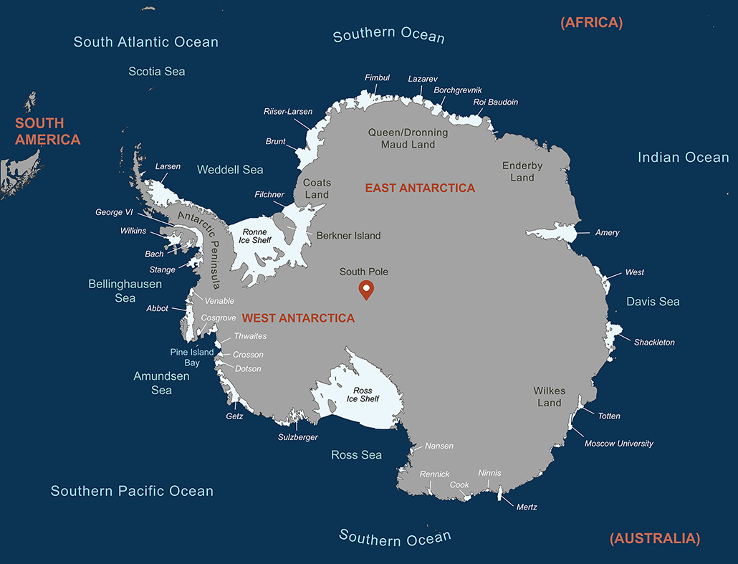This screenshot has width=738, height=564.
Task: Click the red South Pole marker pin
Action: point(366,290)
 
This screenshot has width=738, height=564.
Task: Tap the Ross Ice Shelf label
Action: point(363,395)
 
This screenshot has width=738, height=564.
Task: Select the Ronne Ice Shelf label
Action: point(254,236)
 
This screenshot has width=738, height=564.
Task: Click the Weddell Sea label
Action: point(230,170)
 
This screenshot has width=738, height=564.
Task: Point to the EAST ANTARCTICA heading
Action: point(420,188)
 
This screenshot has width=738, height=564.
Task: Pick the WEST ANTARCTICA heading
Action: point(297,317)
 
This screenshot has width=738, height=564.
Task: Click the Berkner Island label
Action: point(348,235)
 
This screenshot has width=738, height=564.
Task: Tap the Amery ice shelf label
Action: point(607,233)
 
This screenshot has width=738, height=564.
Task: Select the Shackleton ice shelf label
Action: point(654,343)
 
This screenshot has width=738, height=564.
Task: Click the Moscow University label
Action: point(618,444)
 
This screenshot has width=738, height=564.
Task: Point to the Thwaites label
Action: point(250,336)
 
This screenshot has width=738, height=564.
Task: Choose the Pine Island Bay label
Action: point(192,357)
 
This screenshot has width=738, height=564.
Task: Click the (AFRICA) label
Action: point(591,22)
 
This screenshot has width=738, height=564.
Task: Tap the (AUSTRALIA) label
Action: point(654,538)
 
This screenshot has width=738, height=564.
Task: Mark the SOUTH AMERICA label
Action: point(47,131)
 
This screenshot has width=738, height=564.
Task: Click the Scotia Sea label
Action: point(157,71)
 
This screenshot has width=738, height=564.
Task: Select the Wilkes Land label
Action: point(550,396)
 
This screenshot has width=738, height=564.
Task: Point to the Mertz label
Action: point(527,507)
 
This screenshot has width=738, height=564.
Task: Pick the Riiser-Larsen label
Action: point(288,112)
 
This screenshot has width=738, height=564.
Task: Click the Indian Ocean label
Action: point(683,158)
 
